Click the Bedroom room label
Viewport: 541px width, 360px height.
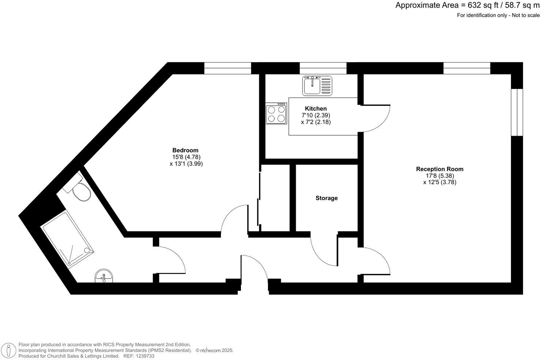(185, 150)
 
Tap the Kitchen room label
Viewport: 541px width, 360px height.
(316, 109)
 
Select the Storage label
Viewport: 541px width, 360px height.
(326, 198)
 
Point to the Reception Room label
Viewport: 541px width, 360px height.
(439, 169)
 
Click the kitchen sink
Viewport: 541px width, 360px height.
(317, 86)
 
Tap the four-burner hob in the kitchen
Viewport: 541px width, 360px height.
(276, 113)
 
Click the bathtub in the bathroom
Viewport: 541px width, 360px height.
(68, 239)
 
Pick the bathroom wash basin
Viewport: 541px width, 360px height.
(104, 277)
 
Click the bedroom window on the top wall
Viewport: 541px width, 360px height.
(227, 68)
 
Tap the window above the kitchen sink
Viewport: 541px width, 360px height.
(323, 68)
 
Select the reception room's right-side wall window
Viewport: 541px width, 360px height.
(517, 112)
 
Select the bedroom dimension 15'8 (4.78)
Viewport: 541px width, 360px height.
(186, 157)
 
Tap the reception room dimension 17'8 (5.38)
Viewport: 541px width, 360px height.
(439, 176)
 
